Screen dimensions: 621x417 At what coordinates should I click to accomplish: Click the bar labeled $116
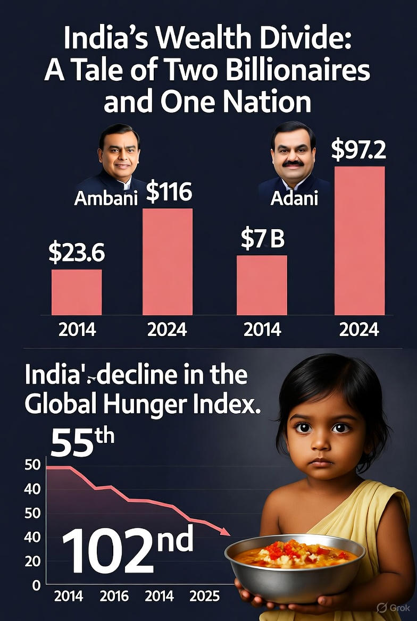point(168,262)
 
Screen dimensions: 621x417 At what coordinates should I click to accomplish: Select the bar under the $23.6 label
point(77,292)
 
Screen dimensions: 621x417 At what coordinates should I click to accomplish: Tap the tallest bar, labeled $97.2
point(359,240)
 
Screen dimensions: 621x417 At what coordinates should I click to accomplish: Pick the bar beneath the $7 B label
point(262,285)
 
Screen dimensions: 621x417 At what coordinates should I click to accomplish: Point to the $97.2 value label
point(358,150)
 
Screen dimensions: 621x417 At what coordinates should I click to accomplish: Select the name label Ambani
point(106,198)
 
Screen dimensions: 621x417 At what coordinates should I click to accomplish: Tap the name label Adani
point(294,198)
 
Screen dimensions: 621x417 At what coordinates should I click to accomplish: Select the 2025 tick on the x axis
point(204,596)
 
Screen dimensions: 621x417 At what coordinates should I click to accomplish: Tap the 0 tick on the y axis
point(36,585)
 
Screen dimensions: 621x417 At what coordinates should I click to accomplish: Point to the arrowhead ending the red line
point(225,532)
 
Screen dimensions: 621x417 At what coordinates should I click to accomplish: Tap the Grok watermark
point(393,607)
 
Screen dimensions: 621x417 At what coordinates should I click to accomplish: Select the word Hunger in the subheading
point(161,407)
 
